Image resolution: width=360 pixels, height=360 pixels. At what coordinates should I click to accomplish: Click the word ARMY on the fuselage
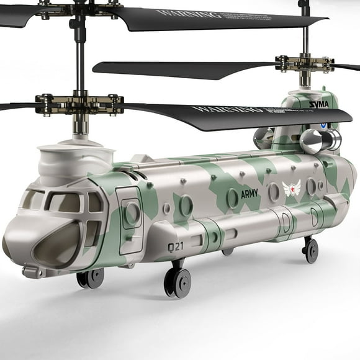[249, 194]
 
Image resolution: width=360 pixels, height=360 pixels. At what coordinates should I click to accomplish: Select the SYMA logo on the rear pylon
[318, 104]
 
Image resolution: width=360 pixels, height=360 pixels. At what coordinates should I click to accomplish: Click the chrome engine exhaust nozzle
[312, 142]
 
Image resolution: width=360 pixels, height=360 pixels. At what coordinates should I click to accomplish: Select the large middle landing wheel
[178, 282]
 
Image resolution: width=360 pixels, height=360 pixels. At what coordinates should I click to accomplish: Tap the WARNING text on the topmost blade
[181, 13]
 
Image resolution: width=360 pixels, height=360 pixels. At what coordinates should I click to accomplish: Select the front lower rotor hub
[78, 104]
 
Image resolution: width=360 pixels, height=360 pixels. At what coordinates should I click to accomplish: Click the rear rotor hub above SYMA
[304, 64]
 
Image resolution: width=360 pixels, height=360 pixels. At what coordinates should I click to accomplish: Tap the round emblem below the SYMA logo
[324, 124]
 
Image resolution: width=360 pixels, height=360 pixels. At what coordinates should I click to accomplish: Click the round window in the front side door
[132, 212]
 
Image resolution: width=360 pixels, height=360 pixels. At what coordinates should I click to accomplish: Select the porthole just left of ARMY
[233, 198]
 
